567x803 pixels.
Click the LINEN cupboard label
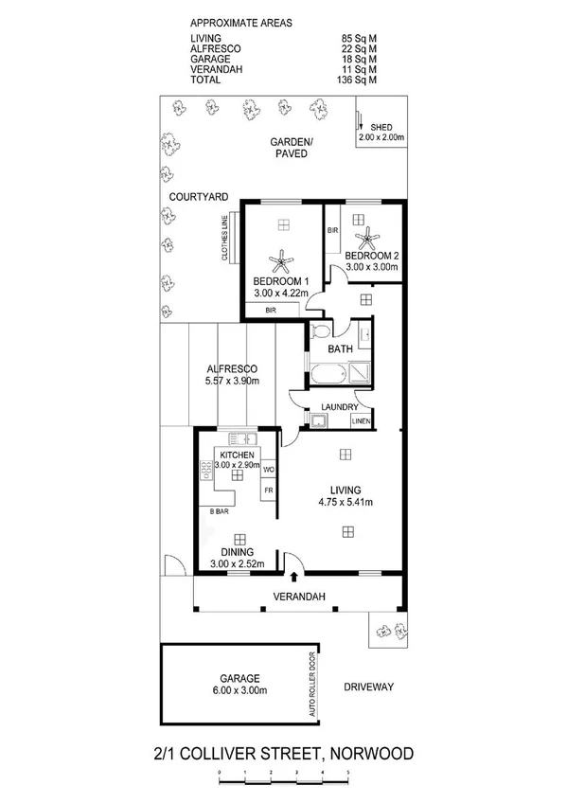(360, 420)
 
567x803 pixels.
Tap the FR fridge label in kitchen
(268, 490)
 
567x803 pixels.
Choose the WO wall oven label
(268, 470)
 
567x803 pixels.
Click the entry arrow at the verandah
(294, 576)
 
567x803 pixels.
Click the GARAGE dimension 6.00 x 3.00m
(236, 692)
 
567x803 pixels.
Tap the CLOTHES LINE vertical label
(224, 239)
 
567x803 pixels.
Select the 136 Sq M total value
(358, 80)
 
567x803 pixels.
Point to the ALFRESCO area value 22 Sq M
(359, 48)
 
